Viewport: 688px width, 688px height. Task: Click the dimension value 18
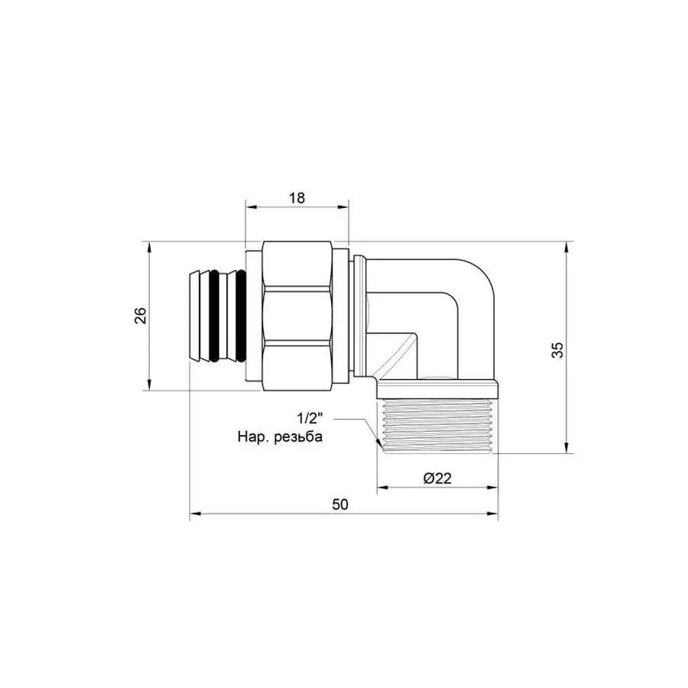(297, 197)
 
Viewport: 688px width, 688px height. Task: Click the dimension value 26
(140, 316)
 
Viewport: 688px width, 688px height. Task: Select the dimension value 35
(558, 349)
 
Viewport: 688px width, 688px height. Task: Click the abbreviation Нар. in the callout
(252, 439)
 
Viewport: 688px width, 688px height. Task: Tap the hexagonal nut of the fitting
(298, 316)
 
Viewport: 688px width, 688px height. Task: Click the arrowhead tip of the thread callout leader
(380, 445)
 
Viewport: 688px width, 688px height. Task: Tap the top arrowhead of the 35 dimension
(566, 245)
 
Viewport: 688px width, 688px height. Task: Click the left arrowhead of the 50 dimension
(192, 515)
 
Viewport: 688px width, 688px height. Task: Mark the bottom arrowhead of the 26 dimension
(148, 387)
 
